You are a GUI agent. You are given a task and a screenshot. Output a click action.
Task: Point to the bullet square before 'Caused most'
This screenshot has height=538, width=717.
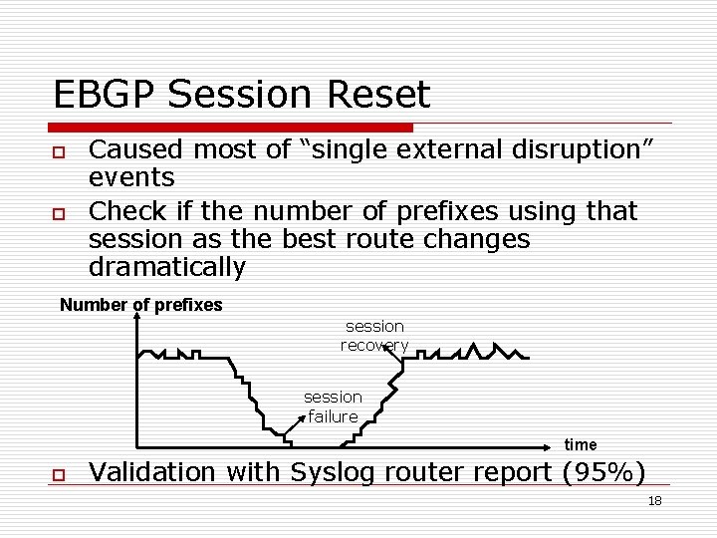(x=59, y=151)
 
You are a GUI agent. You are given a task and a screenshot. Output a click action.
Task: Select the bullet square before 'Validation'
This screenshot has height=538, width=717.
(x=59, y=473)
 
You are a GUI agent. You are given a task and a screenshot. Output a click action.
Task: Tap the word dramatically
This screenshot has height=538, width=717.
(x=166, y=267)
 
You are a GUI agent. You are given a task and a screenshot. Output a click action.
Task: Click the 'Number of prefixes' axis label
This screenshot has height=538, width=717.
(x=140, y=305)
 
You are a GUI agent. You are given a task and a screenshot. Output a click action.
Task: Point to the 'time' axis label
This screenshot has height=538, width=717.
(x=581, y=444)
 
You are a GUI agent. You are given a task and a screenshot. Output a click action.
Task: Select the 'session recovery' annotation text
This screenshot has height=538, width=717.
(x=374, y=335)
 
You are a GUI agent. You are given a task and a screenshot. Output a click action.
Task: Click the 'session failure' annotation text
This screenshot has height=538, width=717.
(x=333, y=406)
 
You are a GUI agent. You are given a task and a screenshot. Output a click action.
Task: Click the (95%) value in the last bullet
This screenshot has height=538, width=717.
(x=603, y=472)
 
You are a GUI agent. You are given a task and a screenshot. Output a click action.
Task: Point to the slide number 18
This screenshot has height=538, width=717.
(x=654, y=501)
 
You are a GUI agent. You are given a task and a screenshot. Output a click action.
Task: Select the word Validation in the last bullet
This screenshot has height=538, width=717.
(x=151, y=472)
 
